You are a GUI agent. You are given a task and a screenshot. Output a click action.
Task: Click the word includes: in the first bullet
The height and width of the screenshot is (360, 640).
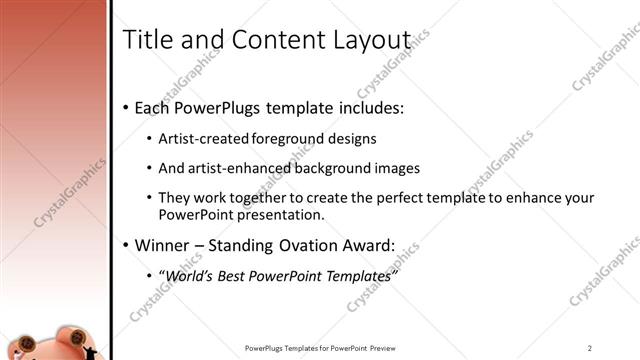click(x=369, y=107)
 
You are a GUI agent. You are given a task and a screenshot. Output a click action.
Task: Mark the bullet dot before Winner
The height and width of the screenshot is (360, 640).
click(x=125, y=245)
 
